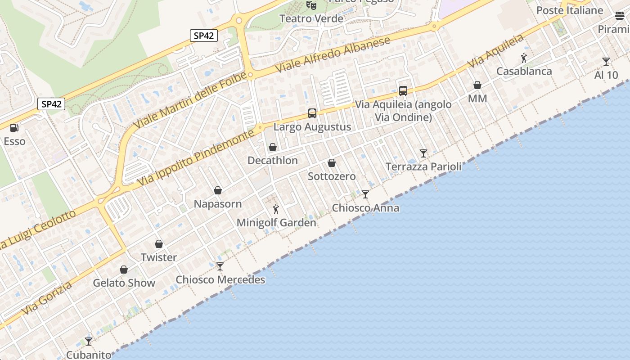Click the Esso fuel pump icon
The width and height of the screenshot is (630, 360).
click(x=14, y=128)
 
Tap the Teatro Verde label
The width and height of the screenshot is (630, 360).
click(x=311, y=19)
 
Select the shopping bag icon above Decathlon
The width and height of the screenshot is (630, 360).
click(x=272, y=147)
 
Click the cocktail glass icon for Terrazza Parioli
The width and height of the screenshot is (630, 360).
click(x=423, y=153)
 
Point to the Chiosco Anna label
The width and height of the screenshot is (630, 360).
click(x=365, y=208)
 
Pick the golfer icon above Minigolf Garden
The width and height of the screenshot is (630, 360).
click(x=276, y=209)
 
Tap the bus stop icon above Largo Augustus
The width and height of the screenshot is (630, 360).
click(x=312, y=113)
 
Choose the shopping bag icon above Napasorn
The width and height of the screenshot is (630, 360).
click(x=218, y=190)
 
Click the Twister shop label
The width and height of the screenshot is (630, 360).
click(x=159, y=257)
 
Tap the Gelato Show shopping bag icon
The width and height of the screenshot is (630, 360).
click(x=124, y=270)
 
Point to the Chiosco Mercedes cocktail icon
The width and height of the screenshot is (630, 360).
click(x=220, y=266)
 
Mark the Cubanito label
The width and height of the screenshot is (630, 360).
click(x=89, y=355)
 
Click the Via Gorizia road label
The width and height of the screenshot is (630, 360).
click(x=47, y=298)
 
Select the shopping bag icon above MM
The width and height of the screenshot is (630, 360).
click(x=477, y=85)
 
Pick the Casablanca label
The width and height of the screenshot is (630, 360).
click(x=524, y=71)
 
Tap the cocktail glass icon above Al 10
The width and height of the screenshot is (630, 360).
click(x=606, y=62)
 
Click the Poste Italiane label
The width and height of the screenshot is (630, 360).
click(x=570, y=10)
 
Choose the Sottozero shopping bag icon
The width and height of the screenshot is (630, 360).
click(x=332, y=163)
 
